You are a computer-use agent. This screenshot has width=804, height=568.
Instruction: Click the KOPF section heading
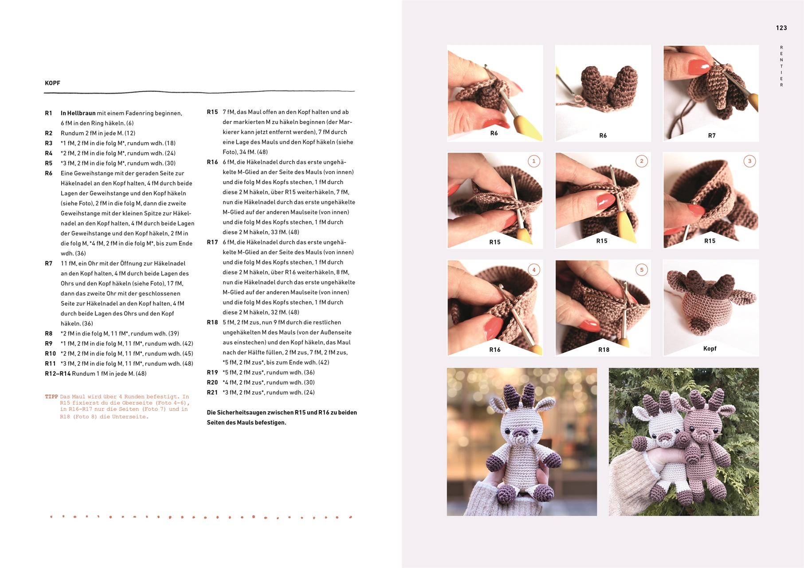click(52, 83)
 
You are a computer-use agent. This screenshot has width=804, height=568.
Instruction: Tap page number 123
click(781, 28)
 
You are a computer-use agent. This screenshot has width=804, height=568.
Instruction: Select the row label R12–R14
click(58, 374)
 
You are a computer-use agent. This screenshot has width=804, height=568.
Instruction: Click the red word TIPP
click(51, 397)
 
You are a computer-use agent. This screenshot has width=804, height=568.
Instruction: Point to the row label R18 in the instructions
click(212, 323)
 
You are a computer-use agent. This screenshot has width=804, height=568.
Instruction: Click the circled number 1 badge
click(534, 161)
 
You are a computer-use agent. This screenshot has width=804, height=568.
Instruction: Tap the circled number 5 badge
click(642, 270)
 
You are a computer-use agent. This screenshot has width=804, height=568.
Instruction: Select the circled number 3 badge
click(750, 161)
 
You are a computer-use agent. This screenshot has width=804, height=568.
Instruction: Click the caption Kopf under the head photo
click(710, 349)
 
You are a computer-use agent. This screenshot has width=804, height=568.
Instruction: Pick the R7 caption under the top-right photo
click(712, 136)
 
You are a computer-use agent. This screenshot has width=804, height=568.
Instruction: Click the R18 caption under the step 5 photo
click(604, 350)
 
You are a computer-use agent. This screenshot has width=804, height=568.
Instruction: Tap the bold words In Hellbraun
click(78, 113)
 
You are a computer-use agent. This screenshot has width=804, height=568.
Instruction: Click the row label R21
click(212, 393)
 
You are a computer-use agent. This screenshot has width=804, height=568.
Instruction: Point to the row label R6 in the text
click(49, 174)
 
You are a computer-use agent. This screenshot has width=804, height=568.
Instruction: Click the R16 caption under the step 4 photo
click(495, 350)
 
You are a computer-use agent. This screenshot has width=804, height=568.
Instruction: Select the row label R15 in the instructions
click(212, 112)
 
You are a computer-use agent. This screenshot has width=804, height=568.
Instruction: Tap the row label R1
click(49, 113)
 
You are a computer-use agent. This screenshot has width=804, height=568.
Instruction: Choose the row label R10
click(51, 354)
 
